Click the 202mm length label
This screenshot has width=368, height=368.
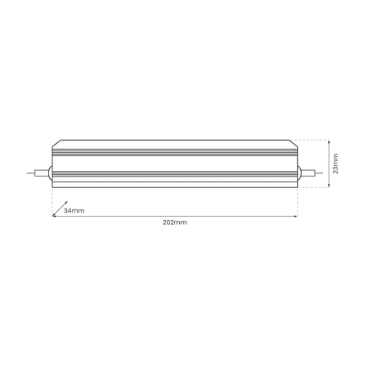tap(174, 222)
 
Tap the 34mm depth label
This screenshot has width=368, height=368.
tap(74, 210)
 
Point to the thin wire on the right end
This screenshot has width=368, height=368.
tap(312, 173)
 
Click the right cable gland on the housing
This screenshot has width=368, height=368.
tap(299, 173)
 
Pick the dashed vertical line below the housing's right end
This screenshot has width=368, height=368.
tap(298, 200)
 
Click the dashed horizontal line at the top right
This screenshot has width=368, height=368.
tap(315, 140)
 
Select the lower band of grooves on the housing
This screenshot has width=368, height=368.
tap(174, 172)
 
